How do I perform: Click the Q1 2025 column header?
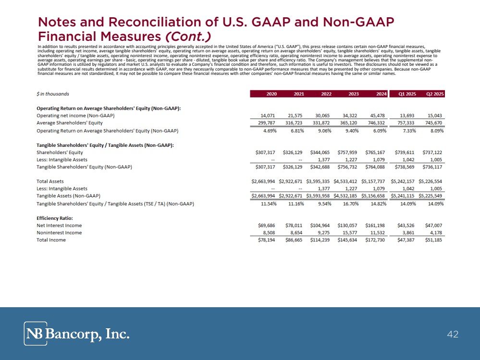coord(407,94)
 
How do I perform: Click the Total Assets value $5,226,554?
coord(431,181)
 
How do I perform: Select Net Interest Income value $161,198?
coord(376,226)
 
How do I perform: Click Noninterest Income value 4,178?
coord(434,233)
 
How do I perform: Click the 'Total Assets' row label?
coord(50,181)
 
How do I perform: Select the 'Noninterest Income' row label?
coord(59,233)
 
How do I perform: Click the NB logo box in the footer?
coord(36,334)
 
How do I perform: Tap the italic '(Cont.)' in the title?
coord(187,36)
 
